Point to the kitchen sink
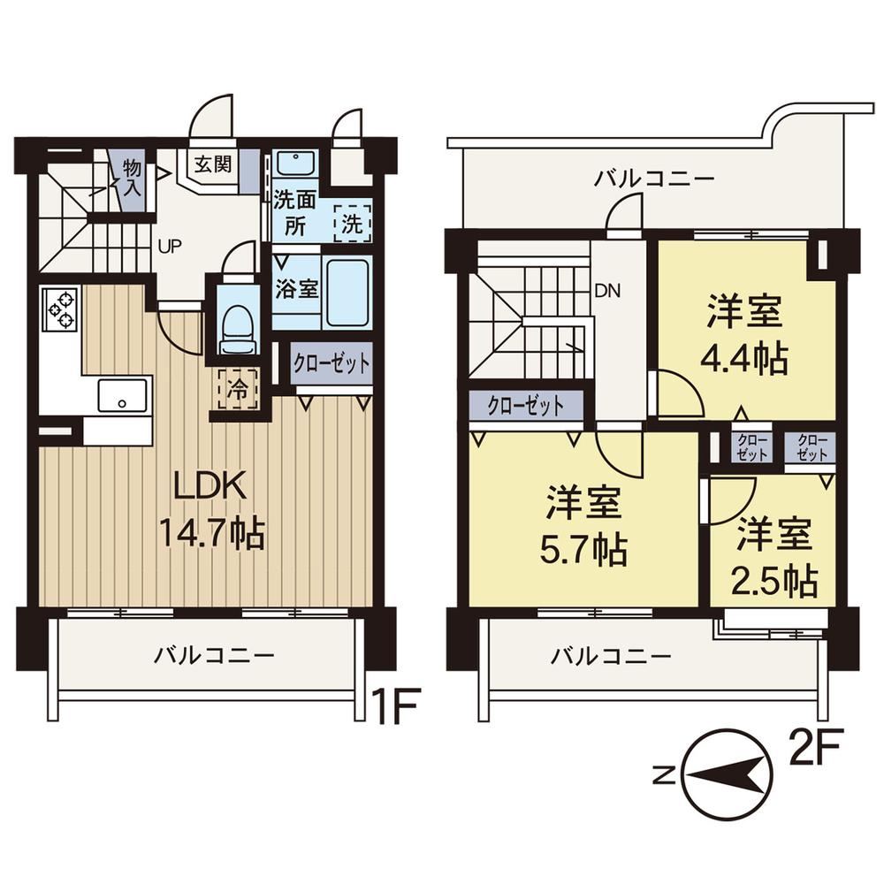point(122,395)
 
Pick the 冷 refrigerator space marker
point(238,389)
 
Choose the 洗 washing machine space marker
point(353,224)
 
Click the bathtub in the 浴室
point(347,291)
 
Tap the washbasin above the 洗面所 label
point(295,163)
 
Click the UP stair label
point(169,247)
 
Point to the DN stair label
point(607,291)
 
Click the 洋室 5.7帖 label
point(583,526)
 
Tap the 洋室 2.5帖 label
point(774,557)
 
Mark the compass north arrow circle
point(728,776)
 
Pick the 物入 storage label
point(132,177)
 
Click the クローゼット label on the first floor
point(331,363)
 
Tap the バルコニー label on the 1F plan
point(215,655)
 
